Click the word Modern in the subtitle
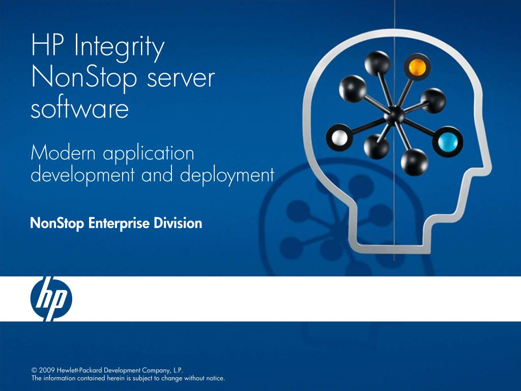[63, 152]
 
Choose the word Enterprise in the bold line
[119, 224]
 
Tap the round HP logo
[51, 299]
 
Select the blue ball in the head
[448, 141]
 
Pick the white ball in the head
[339, 137]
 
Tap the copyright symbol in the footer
[35, 370]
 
